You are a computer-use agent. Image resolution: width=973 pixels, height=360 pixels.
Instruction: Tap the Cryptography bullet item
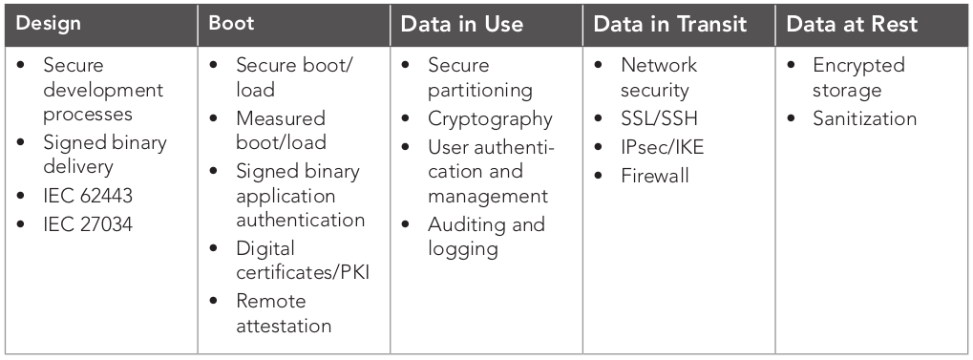click(x=490, y=119)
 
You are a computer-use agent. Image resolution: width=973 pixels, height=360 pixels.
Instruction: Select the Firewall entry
click(x=654, y=176)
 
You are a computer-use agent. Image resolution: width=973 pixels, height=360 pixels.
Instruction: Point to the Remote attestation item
click(x=284, y=313)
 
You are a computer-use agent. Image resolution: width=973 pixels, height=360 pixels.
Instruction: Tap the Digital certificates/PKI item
click(x=302, y=261)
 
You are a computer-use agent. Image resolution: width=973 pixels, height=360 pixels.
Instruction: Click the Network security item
click(x=658, y=78)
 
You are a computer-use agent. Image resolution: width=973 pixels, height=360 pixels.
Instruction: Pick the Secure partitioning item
click(x=479, y=78)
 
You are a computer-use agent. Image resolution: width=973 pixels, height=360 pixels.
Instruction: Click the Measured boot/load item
click(x=281, y=131)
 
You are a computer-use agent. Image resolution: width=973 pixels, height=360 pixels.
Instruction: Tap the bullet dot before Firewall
click(x=599, y=176)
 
